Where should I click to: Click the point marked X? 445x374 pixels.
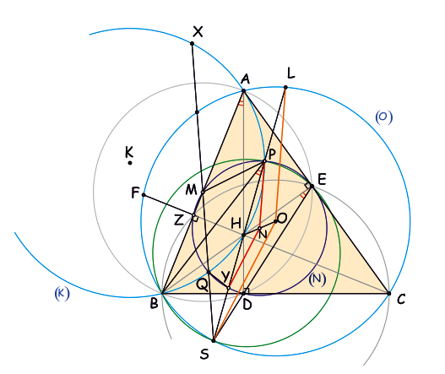[x=193, y=43]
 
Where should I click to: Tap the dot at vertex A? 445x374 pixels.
[x=243, y=91]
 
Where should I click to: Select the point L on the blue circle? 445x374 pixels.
[x=285, y=88]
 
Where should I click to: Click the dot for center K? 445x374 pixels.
[x=130, y=163]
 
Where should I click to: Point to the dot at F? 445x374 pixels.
[x=144, y=195]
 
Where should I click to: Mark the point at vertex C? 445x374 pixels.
[x=389, y=294]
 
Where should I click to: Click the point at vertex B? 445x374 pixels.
[x=162, y=293]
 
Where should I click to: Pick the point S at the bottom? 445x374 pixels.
[x=214, y=340]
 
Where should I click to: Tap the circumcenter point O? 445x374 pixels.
[x=275, y=221]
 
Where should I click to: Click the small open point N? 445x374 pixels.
[x=259, y=228]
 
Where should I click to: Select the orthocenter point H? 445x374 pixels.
[x=243, y=236]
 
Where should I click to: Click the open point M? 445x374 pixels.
[x=203, y=192]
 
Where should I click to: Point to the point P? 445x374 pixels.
[x=264, y=161]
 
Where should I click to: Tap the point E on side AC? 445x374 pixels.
[x=312, y=186]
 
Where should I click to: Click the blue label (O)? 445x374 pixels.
[x=384, y=117]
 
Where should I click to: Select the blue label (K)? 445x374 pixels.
[x=62, y=294]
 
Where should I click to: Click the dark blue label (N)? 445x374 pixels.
[x=317, y=279]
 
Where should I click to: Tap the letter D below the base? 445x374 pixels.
[x=247, y=305]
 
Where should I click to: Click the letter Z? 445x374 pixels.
[x=179, y=220]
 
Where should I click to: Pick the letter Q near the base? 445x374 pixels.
[x=202, y=286]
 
